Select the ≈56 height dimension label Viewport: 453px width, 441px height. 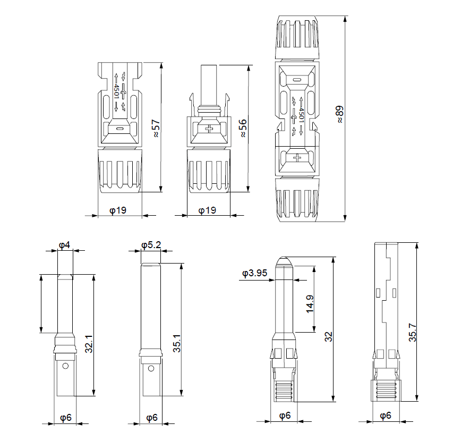click(x=243, y=128)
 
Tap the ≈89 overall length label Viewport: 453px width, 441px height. click(x=340, y=114)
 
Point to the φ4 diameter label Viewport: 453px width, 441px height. click(x=64, y=245)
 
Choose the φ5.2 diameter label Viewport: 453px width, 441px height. click(x=151, y=245)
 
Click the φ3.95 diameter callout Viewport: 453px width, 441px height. click(x=254, y=274)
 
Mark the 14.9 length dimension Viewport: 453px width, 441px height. click(x=310, y=305)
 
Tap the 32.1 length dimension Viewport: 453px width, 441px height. click(x=89, y=343)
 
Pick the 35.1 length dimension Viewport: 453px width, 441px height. click(x=177, y=343)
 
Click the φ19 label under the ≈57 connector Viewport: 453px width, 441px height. click(x=117, y=210)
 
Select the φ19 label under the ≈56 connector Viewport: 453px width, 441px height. click(x=207, y=210)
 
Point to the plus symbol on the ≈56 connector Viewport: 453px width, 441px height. click(x=210, y=129)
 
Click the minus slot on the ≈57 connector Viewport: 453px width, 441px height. click(x=120, y=128)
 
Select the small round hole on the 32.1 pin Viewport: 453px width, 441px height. click(x=65, y=366)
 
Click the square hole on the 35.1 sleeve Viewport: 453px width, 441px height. click(x=151, y=367)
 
